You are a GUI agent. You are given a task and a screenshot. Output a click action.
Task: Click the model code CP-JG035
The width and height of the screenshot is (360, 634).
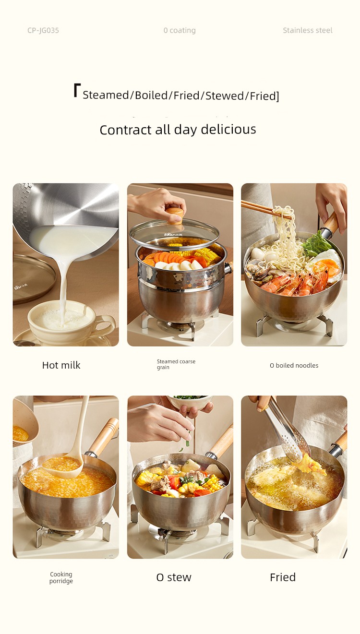click(43, 30)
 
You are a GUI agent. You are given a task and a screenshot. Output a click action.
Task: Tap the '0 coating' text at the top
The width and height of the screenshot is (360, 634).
click(180, 30)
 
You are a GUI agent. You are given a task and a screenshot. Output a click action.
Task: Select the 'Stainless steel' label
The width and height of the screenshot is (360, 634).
click(308, 30)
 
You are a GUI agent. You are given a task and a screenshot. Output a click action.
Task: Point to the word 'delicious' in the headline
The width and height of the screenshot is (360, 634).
click(228, 130)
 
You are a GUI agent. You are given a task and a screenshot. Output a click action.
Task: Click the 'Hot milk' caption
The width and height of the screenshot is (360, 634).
click(61, 365)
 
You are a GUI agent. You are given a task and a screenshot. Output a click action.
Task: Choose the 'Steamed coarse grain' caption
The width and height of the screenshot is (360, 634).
click(176, 364)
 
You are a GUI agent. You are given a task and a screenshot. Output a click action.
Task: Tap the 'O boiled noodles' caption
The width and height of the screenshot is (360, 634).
click(294, 365)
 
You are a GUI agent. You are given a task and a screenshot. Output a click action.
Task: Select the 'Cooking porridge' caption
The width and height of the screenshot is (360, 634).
click(61, 577)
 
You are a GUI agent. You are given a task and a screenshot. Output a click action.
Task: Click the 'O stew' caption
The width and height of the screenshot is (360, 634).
click(174, 577)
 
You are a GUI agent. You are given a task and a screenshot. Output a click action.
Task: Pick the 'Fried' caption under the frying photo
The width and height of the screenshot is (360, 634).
click(283, 577)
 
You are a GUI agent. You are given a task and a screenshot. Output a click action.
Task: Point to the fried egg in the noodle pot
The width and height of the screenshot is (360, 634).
click(326, 264)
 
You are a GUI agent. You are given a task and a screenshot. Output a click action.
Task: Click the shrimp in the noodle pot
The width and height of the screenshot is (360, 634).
click(294, 282)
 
